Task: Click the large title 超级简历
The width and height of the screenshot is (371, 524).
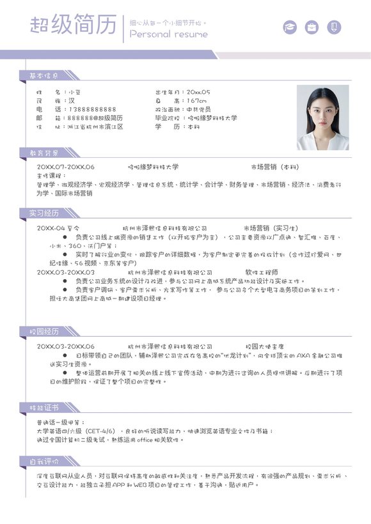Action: pos(74,26)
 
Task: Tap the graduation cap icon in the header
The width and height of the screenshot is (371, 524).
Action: pos(290,27)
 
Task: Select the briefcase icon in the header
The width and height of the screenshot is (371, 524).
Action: pos(312,27)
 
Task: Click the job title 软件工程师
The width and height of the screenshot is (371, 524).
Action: pos(262,272)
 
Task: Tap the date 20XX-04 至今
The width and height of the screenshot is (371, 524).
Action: pos(58,228)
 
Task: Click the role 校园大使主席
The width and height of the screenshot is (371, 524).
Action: pos(265,346)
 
